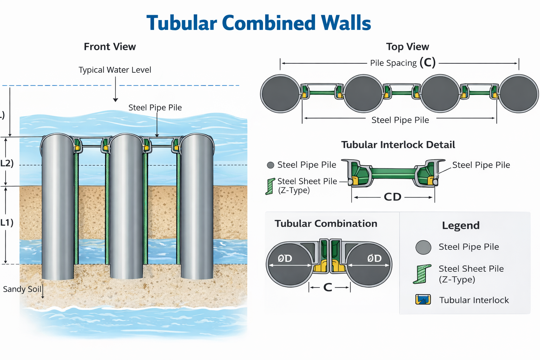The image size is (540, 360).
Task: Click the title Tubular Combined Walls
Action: point(259,23)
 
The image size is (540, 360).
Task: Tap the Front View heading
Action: point(110,47)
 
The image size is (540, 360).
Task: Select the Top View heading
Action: point(407,47)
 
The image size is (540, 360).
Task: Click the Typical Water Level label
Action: point(115,70)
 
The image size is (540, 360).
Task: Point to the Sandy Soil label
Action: point(22,289)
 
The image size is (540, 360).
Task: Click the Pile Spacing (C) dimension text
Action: point(403,63)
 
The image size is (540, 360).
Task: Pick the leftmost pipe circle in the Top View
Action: point(280,94)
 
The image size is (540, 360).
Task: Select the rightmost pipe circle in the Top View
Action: point(519,94)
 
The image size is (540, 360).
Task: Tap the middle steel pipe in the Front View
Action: point(127,207)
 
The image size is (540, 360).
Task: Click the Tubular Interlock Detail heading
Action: point(398,145)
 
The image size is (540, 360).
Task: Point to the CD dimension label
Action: point(393,197)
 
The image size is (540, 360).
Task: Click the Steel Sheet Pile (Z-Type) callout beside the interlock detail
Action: point(307,186)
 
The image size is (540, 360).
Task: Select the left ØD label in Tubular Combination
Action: point(285,259)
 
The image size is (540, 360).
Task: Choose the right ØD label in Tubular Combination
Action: point(374,259)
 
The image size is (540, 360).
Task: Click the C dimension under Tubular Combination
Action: point(328,288)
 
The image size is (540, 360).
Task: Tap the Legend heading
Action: point(461,225)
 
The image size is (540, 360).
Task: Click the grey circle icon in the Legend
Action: point(423,247)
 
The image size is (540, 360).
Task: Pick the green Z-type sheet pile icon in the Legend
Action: point(422,274)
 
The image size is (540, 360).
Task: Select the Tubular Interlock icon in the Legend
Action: point(423,300)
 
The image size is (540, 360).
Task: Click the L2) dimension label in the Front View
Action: point(7,163)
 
